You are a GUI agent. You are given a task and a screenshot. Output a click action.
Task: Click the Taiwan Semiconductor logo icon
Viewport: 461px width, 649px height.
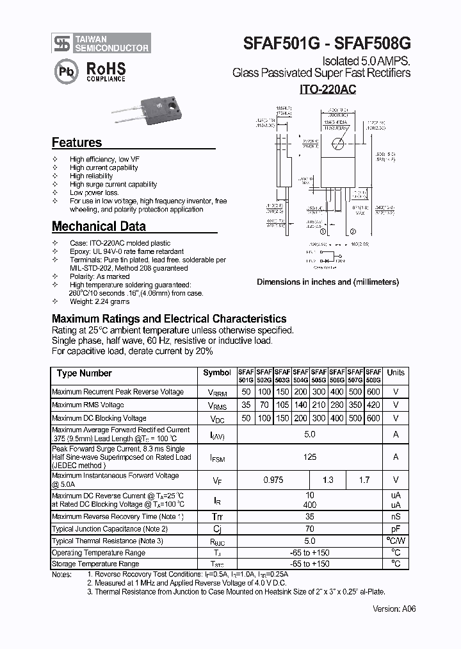coord(62,43)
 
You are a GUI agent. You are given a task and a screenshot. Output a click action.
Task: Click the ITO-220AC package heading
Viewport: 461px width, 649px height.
coord(327,90)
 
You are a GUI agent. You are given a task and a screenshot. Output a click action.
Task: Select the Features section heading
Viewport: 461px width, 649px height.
coord(77,143)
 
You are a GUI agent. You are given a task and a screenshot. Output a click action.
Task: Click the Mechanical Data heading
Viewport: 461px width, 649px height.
coord(99,226)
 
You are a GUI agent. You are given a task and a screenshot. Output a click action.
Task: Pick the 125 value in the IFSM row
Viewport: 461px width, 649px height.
coord(310,457)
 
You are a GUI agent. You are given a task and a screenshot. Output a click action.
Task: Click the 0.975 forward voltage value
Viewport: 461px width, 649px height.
coord(273,480)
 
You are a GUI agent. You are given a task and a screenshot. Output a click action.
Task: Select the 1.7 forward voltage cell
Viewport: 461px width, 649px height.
coord(364,480)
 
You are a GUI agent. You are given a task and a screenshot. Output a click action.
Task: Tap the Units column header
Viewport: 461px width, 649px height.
coord(396,373)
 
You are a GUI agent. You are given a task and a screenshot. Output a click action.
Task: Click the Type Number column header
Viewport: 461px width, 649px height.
coord(84,373)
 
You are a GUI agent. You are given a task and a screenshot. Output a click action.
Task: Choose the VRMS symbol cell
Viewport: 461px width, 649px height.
coord(217,405)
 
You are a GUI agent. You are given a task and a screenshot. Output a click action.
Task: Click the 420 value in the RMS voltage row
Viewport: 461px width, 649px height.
coord(373,405)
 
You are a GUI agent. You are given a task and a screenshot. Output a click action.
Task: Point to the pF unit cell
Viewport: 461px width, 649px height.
coord(396,529)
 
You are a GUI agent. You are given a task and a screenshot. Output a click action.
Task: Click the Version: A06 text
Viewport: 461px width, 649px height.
coord(394,609)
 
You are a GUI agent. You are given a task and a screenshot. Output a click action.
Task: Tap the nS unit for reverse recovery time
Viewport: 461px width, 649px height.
coord(396,516)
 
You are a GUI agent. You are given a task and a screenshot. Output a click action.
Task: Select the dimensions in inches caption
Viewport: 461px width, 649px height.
coord(328,282)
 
